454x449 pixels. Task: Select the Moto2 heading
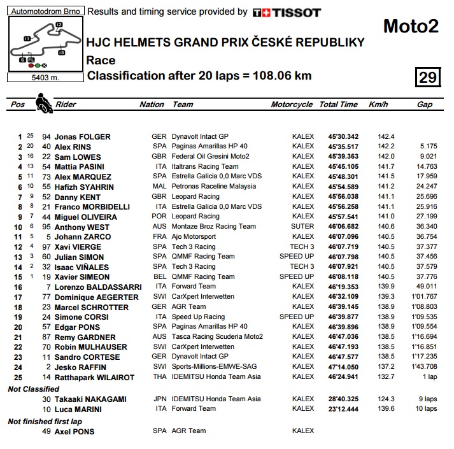tap(410, 27)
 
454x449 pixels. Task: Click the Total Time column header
tap(338, 104)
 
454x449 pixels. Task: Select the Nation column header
tap(152, 104)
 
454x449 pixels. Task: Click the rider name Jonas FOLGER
tap(82, 136)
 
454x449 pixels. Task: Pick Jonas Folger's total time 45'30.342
tap(343, 136)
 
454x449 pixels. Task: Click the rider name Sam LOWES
tap(78, 157)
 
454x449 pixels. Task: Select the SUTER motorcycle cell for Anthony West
tap(302, 226)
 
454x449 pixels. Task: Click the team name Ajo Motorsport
tap(194, 236)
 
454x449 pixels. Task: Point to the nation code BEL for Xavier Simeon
tap(159, 277)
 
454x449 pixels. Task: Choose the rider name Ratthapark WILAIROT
tap(94, 378)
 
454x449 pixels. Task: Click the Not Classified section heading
tap(33, 389)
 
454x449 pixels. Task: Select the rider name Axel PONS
tap(74, 431)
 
